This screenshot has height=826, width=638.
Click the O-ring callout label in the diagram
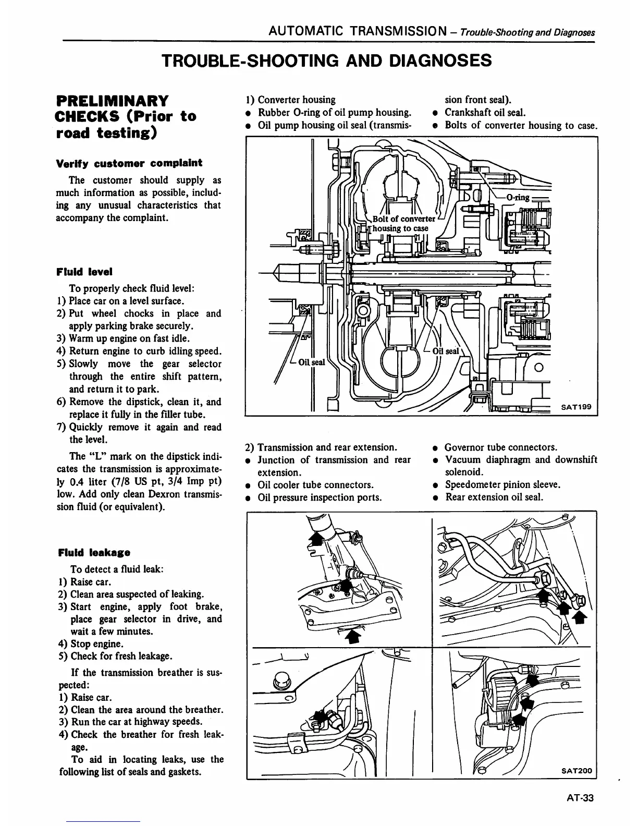tap(518, 197)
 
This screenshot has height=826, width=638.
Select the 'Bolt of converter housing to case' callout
tap(401, 223)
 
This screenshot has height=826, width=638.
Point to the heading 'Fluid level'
tap(84, 272)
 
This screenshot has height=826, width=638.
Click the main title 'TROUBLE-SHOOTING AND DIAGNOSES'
tap(327, 61)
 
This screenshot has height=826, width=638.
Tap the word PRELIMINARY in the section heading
tap(113, 100)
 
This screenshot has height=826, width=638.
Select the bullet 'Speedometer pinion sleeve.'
tap(502, 484)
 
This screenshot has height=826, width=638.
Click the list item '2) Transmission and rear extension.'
tap(321, 447)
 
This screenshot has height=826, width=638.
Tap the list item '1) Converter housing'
tap(290, 100)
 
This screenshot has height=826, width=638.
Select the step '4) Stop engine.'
tap(90, 643)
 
